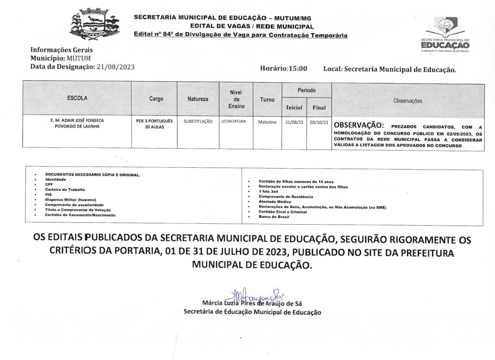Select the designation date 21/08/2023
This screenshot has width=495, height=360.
[116, 67]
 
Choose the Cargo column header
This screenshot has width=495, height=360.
[156, 99]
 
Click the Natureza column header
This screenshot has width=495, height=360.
[198, 99]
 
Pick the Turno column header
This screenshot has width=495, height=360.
[267, 99]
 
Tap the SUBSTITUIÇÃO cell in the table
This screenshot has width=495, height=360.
[198, 122]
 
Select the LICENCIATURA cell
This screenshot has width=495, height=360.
[233, 121]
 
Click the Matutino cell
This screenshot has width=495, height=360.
[267, 122]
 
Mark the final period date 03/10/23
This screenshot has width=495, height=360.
[319, 122]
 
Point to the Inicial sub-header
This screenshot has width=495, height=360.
[294, 107]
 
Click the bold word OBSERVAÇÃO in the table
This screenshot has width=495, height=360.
[359, 124]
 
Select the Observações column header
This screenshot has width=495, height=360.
[408, 101]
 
